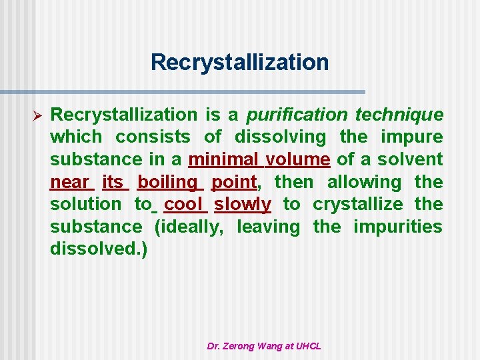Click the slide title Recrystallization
(239, 63)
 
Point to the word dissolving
(280, 137)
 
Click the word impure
(411, 137)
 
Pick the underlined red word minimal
(224, 159)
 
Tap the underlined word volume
(297, 159)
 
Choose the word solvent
(410, 159)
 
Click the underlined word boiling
(167, 182)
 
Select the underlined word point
(233, 182)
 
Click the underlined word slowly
(242, 204)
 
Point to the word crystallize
(357, 204)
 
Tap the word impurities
(397, 227)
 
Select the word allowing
(364, 182)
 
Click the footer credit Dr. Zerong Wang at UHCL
(264, 346)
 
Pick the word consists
(153, 137)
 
